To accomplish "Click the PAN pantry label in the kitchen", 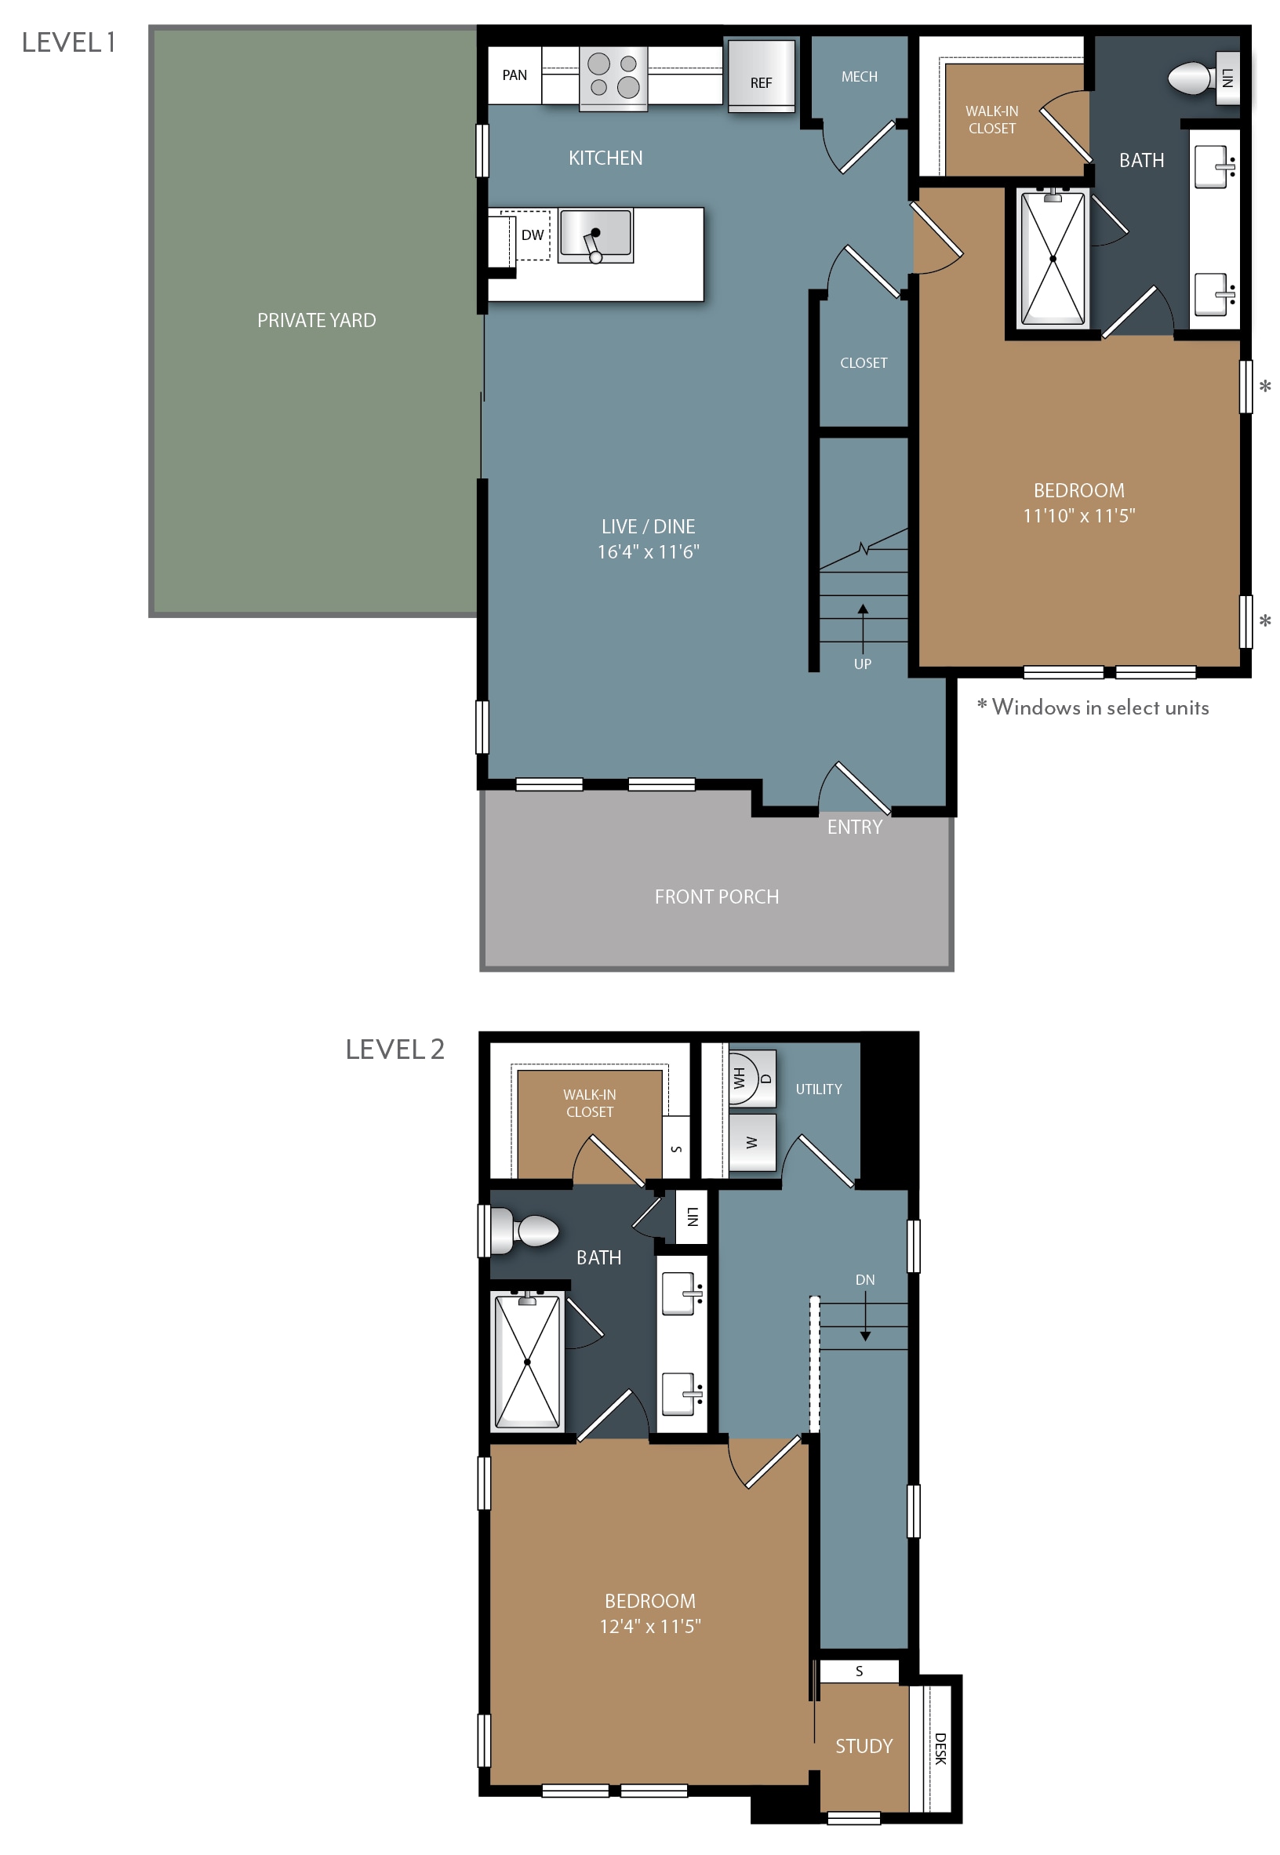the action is (514, 75).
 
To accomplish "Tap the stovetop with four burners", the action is (613, 77).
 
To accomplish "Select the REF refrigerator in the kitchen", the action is (761, 75).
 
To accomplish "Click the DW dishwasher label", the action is (533, 235).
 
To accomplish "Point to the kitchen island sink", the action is (596, 235).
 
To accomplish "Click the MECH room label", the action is (859, 77).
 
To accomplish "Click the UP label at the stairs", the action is (862, 664).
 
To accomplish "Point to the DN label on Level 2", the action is (864, 1280).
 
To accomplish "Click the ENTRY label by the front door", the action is (854, 827).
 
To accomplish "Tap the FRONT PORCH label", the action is (716, 897).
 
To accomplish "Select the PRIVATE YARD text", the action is (316, 321).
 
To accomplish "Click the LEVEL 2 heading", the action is (395, 1049).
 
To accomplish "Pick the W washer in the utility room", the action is (752, 1143).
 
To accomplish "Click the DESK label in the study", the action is (940, 1749).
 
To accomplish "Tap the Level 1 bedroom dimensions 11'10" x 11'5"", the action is (1078, 515).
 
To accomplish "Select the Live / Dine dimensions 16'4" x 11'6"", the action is (648, 551).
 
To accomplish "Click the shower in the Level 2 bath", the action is (527, 1361).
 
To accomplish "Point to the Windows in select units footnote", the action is (1093, 707).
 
